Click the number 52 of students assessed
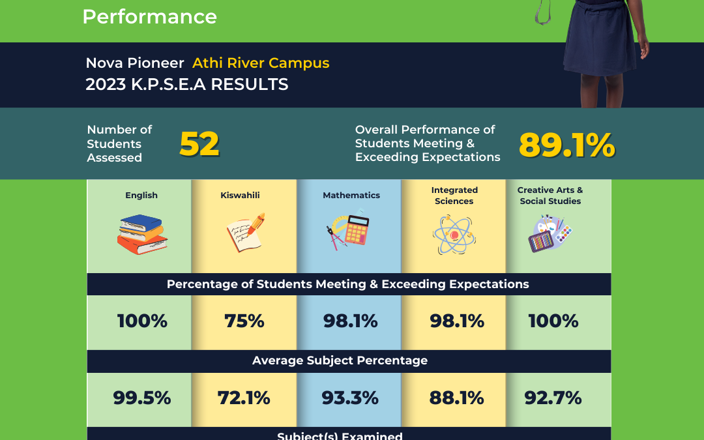pos(199,144)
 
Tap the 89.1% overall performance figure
pos(566,145)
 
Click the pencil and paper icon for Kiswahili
pos(245,231)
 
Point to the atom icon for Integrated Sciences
pos(454,235)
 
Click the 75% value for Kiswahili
pos(244,321)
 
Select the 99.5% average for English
pos(142,398)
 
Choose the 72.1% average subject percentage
pos(244,398)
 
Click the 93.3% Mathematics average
pos(350,398)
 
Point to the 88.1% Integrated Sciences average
pos(457,398)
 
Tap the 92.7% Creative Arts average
pos(553,398)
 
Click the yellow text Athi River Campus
pos(261,63)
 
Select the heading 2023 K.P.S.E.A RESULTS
pos(187,85)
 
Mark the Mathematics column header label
pos(351,195)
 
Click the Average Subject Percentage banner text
pos(340,360)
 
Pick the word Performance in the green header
pos(149,16)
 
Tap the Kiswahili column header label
pos(245,195)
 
